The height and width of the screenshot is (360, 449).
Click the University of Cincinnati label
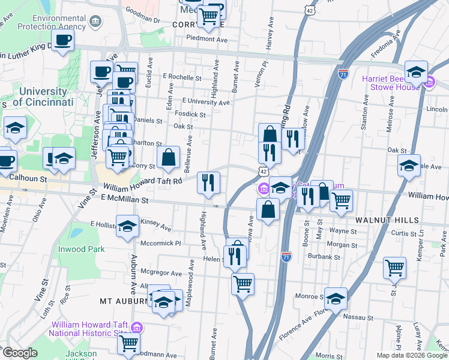43,97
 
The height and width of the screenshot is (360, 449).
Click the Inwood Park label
81,249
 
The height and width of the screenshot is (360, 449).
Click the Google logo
19,353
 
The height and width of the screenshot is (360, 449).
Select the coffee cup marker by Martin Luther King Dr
62,41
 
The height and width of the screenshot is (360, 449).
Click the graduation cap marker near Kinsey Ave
127,227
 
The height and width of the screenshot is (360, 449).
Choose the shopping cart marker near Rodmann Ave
128,344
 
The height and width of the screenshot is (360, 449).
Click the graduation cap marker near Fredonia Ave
415,72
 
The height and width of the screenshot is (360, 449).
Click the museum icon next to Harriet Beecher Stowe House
430,83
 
